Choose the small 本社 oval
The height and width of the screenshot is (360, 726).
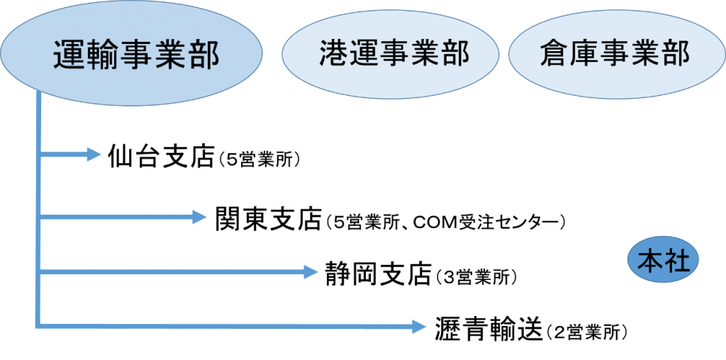[664, 261]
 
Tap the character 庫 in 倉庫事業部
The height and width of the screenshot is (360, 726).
[585, 53]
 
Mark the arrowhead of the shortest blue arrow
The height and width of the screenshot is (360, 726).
[95, 154]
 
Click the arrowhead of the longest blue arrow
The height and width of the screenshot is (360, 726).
[420, 326]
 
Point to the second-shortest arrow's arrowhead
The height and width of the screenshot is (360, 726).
[200, 217]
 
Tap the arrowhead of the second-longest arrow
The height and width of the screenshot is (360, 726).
[311, 271]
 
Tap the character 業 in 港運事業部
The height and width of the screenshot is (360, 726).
[425, 53]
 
